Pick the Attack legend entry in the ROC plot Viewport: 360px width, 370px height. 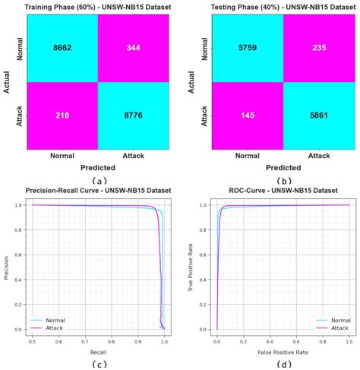pyautogui.click(x=335, y=328)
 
